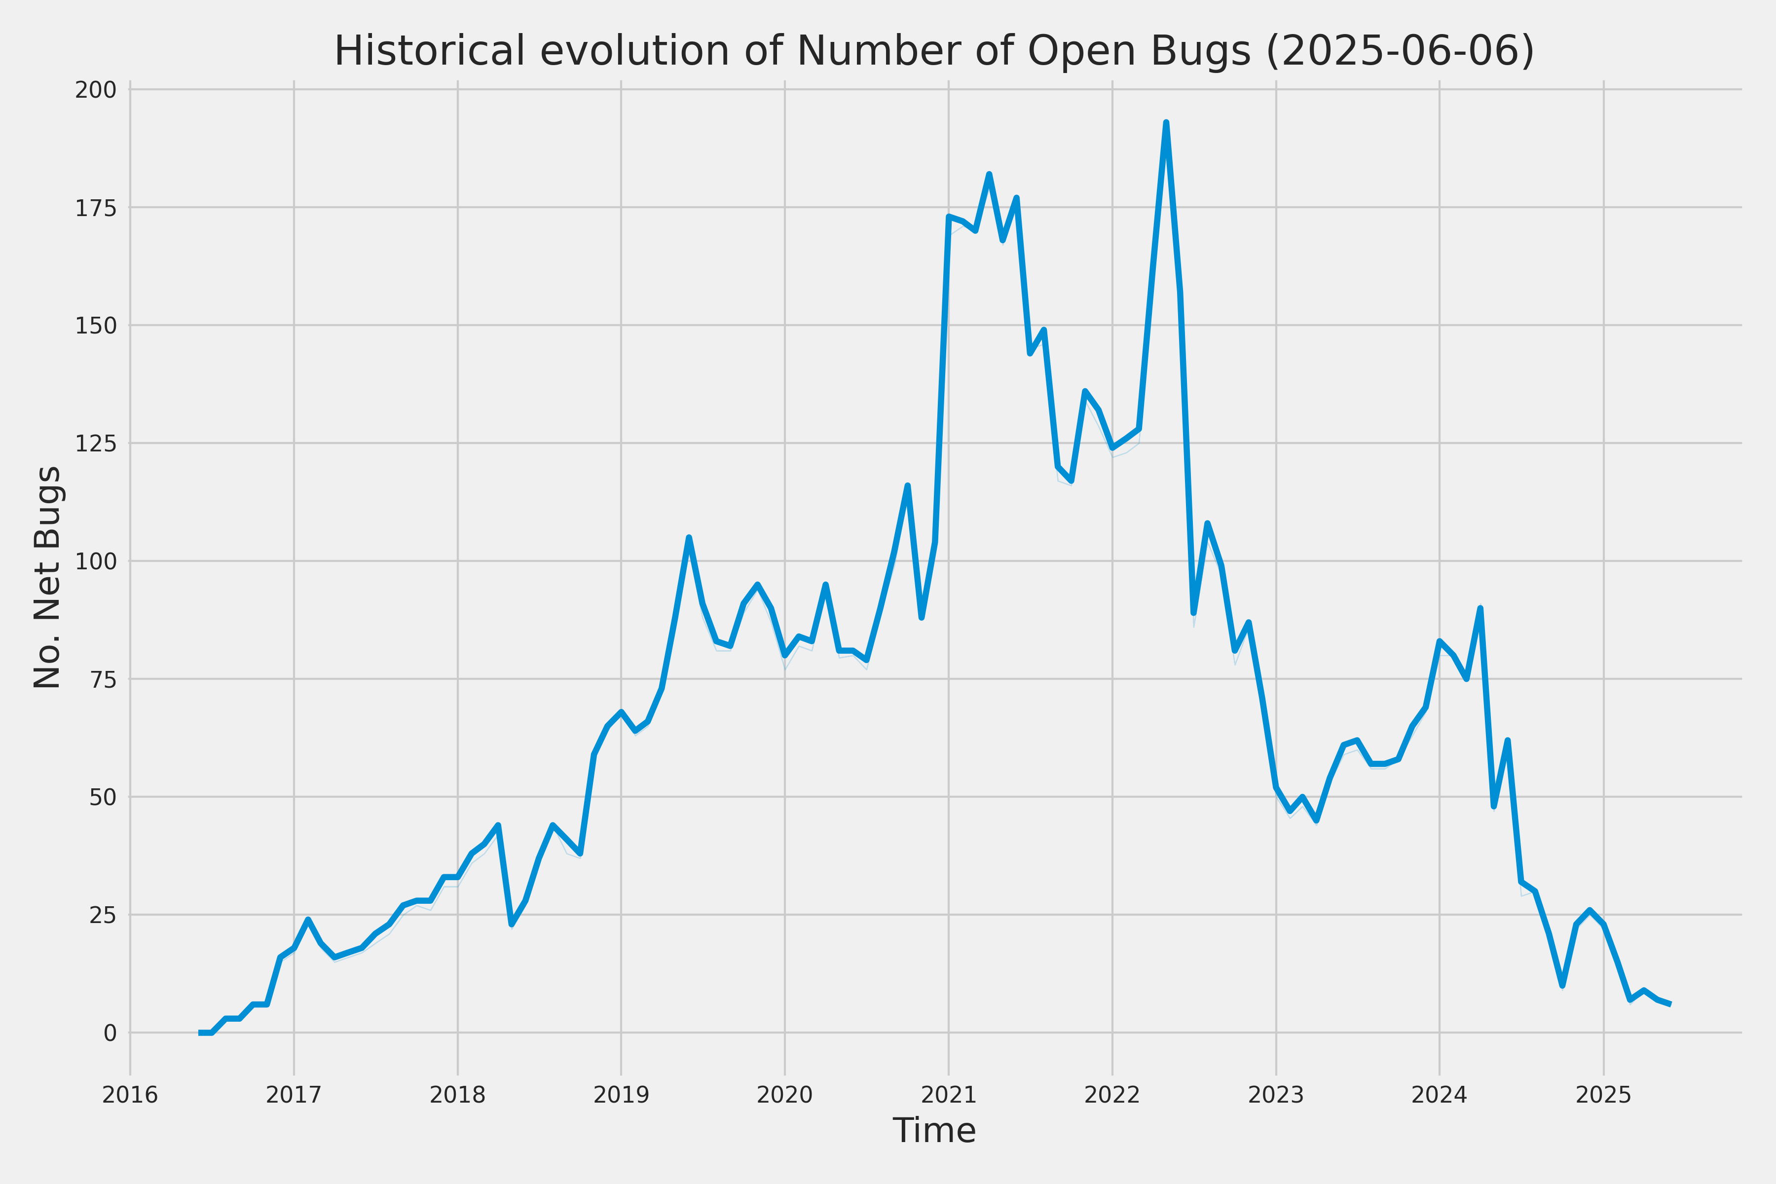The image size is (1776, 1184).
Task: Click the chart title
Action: pyautogui.click(x=934, y=51)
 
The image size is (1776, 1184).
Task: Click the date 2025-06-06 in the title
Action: pyautogui.click(x=1399, y=51)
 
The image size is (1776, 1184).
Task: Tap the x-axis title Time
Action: pyautogui.click(x=934, y=1130)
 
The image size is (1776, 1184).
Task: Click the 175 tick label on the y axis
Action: pyautogui.click(x=96, y=208)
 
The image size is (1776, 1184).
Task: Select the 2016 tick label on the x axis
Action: pyautogui.click(x=130, y=1095)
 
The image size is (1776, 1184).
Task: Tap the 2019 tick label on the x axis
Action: pyautogui.click(x=621, y=1095)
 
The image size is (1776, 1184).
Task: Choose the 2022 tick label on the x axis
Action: pyautogui.click(x=1111, y=1095)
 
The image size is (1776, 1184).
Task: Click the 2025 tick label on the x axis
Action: pyautogui.click(x=1603, y=1095)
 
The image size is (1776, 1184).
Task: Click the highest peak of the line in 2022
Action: pyautogui.click(x=1166, y=123)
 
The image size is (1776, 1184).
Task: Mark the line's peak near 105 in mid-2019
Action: pyautogui.click(x=689, y=538)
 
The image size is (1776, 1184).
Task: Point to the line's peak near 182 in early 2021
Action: pyautogui.click(x=989, y=175)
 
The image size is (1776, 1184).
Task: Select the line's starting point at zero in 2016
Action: pyautogui.click(x=201, y=1032)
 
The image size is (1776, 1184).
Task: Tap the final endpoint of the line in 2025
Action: pyautogui.click(x=1670, y=1004)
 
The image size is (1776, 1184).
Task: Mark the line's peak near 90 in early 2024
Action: pyautogui.click(x=1480, y=609)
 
